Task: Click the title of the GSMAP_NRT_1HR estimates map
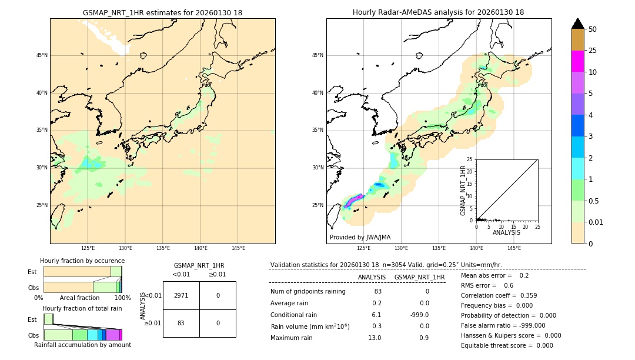tap(162, 12)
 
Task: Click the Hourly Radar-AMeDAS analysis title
tap(438, 12)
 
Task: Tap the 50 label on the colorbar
tap(593, 29)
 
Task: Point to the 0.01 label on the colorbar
tap(596, 222)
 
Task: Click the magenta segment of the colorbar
tap(577, 61)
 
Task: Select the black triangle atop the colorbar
tap(577, 24)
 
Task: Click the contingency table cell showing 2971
tap(181, 295)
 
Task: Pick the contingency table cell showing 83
tap(181, 324)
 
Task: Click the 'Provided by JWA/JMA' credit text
tap(360, 237)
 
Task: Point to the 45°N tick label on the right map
tap(317, 55)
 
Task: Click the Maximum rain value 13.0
tap(374, 338)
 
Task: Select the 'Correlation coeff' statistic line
tap(499, 295)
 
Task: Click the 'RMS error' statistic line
tap(487, 285)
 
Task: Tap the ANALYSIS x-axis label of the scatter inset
tap(506, 232)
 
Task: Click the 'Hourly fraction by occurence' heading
tap(82, 261)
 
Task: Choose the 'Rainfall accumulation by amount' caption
tap(82, 345)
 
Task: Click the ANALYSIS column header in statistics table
tap(372, 277)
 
